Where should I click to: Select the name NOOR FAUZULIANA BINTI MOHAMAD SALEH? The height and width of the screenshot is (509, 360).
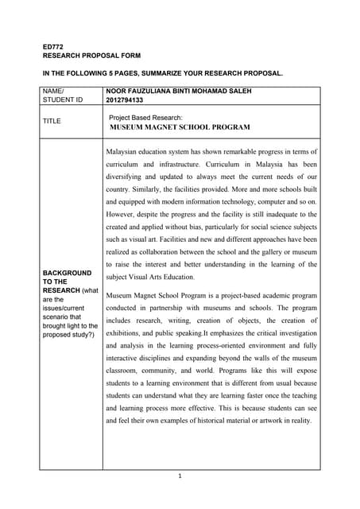pos(178,91)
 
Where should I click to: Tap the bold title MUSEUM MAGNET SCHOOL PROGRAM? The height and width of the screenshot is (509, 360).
pos(180,127)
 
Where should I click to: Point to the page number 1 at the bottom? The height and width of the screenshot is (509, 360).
pos(180,476)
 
